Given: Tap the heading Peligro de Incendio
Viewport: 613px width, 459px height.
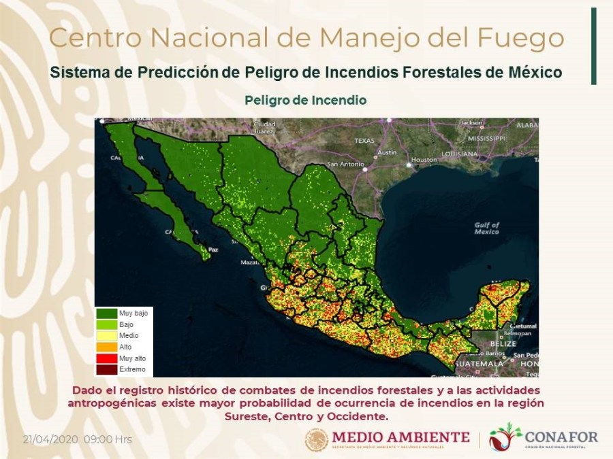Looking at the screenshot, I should click(x=306, y=100).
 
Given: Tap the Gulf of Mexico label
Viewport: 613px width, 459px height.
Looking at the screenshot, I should click(x=486, y=228).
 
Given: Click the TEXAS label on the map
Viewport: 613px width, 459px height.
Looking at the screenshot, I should click(x=364, y=141).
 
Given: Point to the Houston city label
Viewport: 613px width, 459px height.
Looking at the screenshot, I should click(x=424, y=160).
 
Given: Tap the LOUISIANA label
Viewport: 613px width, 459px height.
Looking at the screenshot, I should click(x=460, y=154).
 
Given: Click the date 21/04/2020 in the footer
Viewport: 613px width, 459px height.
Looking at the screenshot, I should click(x=51, y=439).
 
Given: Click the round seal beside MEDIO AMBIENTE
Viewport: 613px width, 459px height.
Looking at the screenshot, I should click(x=317, y=439).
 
